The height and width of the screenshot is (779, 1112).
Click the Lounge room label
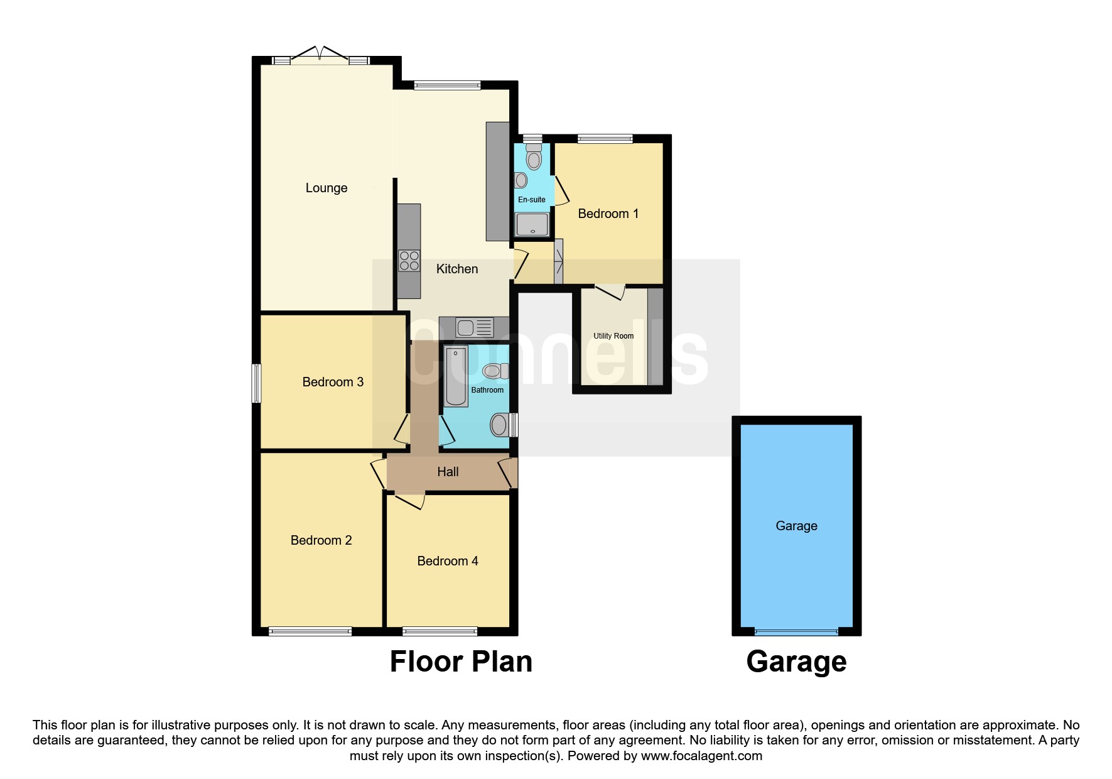coord(327,188)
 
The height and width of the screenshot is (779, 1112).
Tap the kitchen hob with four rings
coord(409,261)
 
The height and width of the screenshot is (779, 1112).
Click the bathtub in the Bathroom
coord(456,376)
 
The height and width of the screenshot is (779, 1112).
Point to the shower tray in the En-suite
coord(532,224)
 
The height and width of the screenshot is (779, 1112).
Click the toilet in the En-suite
coord(534,157)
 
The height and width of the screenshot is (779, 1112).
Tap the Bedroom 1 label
coord(608,214)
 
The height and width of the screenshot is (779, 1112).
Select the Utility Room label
coord(613,336)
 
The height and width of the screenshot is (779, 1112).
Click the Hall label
coord(448,472)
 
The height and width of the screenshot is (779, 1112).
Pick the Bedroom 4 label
coord(448,561)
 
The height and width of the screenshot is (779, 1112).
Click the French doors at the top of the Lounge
coord(321,57)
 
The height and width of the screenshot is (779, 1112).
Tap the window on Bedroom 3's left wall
coord(256,383)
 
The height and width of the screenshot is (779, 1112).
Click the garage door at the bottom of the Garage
coord(796,631)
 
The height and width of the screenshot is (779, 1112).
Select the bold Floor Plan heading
coord(461,662)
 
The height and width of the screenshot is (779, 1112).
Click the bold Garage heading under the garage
coord(796,662)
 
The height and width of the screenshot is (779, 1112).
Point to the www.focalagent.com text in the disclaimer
coord(701,756)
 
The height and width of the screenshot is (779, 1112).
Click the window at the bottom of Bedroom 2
coord(310,631)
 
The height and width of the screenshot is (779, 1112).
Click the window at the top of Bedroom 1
coord(605,139)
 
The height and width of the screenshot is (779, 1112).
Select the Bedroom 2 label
coord(321,540)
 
